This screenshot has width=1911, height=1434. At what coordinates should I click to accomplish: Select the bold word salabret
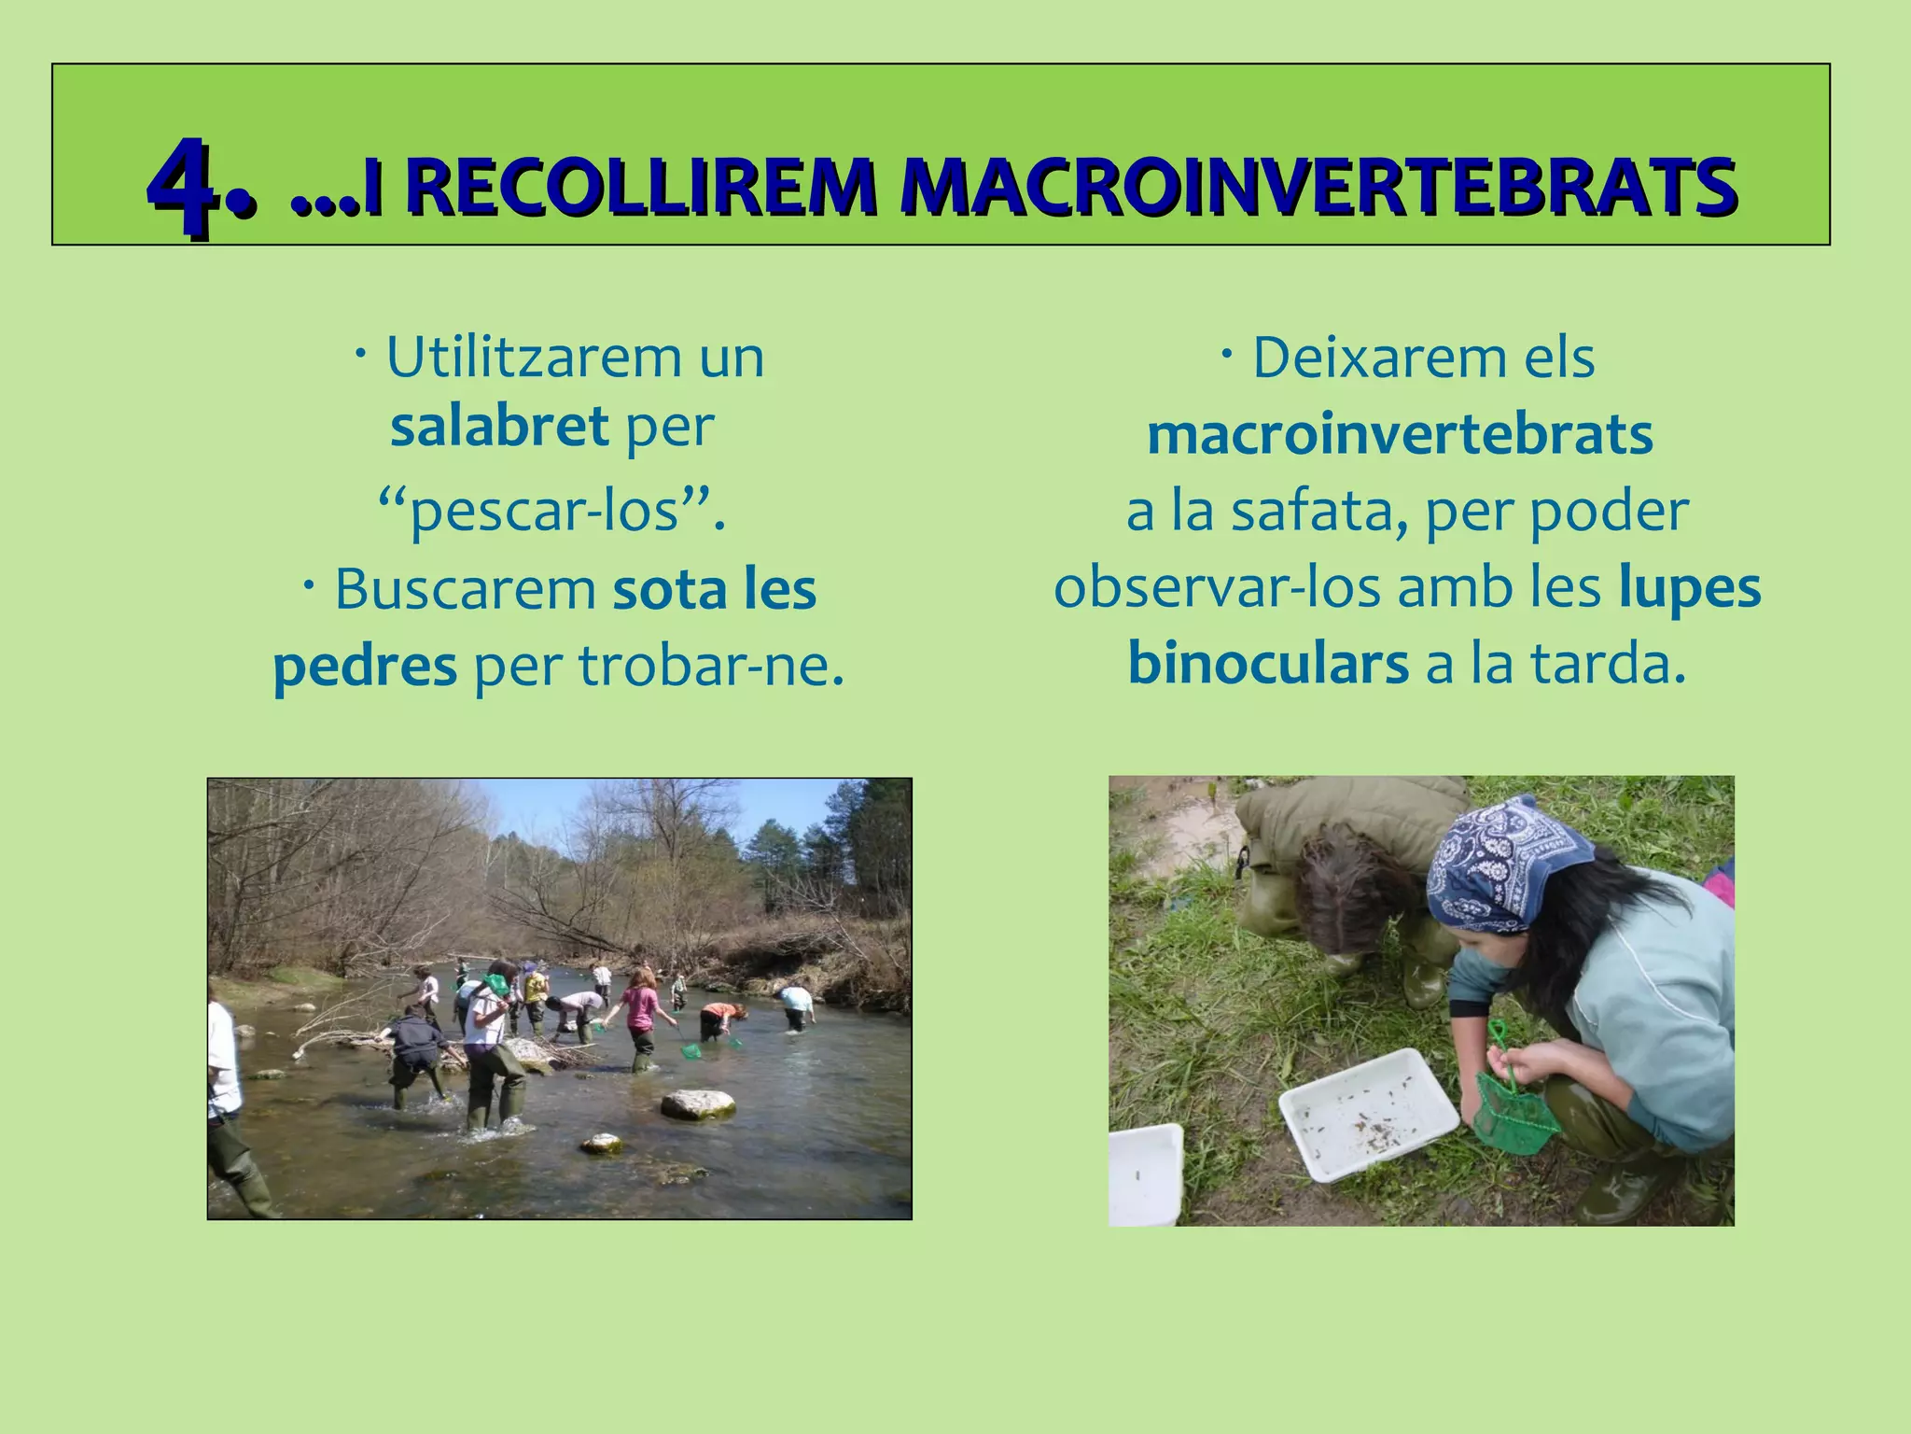tap(499, 426)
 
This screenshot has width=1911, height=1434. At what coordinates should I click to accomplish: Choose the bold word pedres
tap(365, 666)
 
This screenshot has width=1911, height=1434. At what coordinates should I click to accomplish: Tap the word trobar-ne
tap(711, 666)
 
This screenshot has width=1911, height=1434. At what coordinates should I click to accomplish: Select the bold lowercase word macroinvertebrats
tap(1400, 435)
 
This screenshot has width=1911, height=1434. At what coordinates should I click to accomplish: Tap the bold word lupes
tap(1689, 588)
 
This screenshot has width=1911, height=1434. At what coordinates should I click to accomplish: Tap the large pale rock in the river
tap(698, 1104)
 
